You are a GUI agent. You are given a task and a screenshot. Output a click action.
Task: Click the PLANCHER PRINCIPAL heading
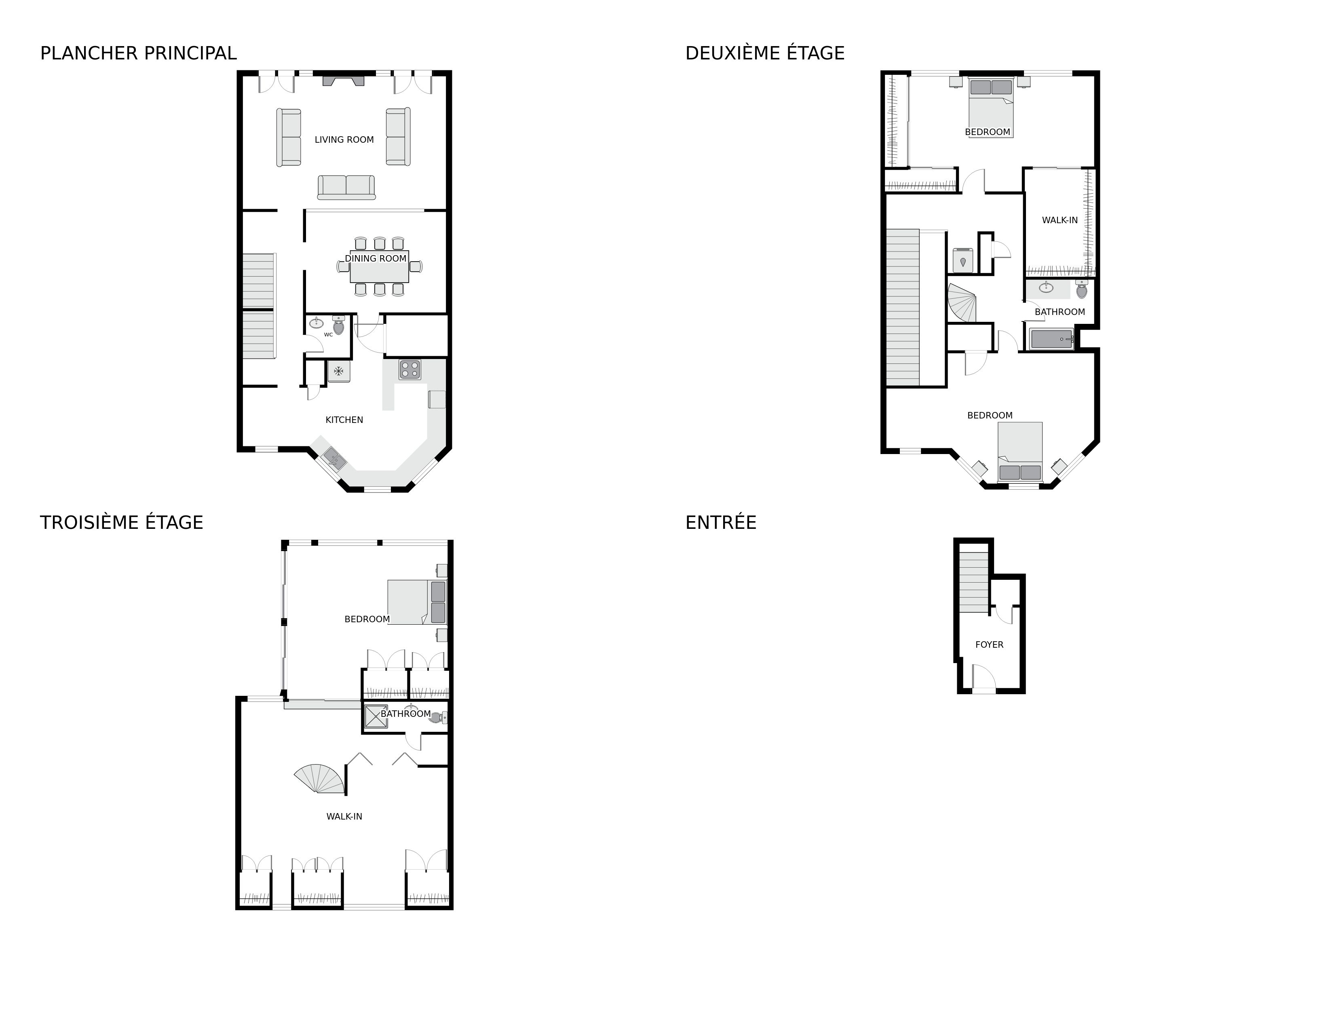138,54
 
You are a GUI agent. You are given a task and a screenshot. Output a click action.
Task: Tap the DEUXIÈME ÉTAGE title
765,54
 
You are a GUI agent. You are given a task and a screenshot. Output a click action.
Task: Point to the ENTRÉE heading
721,523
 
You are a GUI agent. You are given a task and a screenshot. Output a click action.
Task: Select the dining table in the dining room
379,267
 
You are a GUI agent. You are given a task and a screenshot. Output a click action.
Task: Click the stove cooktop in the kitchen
410,370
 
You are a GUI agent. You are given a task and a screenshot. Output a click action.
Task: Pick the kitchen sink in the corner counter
334,457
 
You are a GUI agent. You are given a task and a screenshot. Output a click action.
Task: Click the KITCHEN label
344,420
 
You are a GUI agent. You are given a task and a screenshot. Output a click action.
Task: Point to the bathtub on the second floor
1052,339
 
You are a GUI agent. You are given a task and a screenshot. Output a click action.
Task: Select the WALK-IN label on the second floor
1060,220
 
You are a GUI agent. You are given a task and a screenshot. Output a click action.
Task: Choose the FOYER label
989,644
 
